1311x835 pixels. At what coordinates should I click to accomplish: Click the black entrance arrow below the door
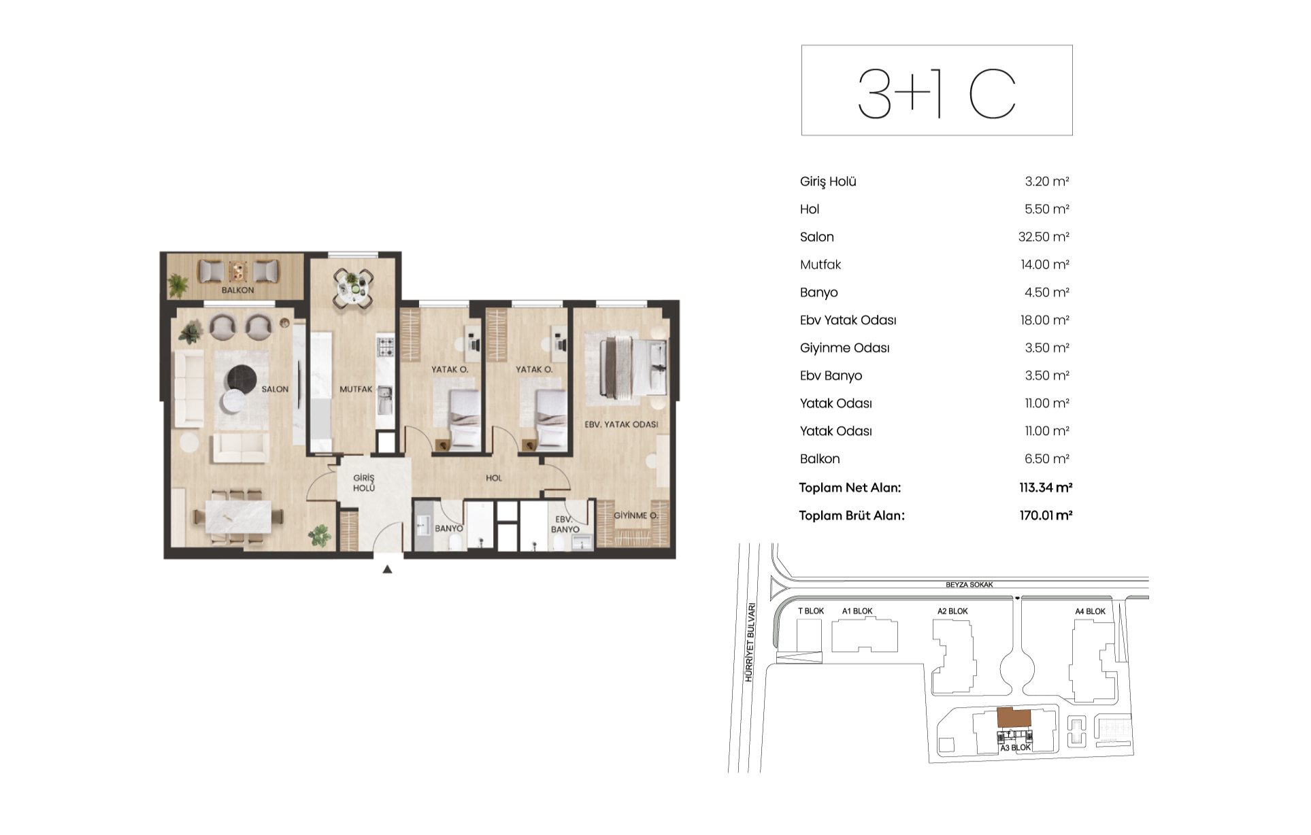point(387,569)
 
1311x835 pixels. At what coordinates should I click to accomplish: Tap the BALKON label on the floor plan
point(237,290)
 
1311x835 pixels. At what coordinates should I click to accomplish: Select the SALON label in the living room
point(275,390)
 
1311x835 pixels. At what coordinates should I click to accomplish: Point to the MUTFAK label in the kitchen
point(356,390)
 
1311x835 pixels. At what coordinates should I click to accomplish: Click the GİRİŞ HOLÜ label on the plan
point(364,483)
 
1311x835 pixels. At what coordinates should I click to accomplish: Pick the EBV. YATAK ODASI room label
point(621,424)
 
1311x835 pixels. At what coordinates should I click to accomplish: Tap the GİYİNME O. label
point(635,515)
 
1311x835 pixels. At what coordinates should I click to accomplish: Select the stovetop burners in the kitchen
point(386,347)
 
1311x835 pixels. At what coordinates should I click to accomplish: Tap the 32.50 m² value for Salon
point(1044,237)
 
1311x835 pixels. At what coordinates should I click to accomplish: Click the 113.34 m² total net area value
point(1046,488)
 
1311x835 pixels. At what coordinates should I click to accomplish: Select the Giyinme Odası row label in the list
point(844,348)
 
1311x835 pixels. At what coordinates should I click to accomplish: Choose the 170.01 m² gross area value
point(1046,515)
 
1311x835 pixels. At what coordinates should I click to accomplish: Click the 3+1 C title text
point(937,93)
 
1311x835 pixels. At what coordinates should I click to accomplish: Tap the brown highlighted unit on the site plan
point(1014,718)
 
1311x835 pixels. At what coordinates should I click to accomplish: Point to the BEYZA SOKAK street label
point(969,585)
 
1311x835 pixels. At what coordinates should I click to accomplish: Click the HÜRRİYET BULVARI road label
point(750,643)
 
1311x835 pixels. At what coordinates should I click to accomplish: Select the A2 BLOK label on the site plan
point(952,611)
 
